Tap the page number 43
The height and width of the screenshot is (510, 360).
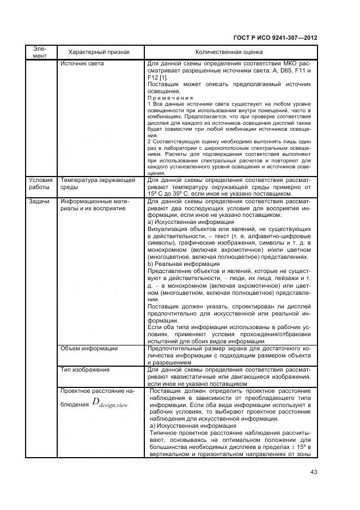click(313, 472)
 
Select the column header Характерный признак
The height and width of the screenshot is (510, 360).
click(99, 52)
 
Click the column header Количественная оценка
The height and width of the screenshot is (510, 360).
click(229, 52)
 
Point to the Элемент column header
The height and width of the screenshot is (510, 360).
click(39, 52)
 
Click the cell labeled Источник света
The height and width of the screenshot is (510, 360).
click(82, 64)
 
